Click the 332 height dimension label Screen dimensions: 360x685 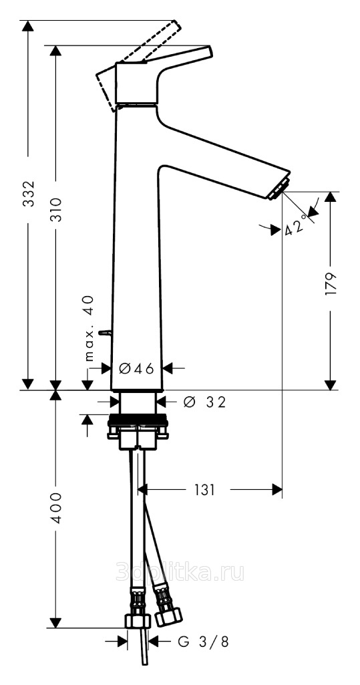(x=28, y=193)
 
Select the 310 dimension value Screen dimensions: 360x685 (x=56, y=210)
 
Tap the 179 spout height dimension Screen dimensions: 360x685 (x=331, y=284)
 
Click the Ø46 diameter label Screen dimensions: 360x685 (x=136, y=369)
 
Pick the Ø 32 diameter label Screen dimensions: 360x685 (x=204, y=402)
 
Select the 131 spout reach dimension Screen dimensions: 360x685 (x=204, y=490)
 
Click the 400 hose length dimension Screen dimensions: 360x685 (x=56, y=508)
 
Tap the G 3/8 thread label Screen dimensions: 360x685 (x=203, y=642)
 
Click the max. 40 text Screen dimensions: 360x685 (x=89, y=329)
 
